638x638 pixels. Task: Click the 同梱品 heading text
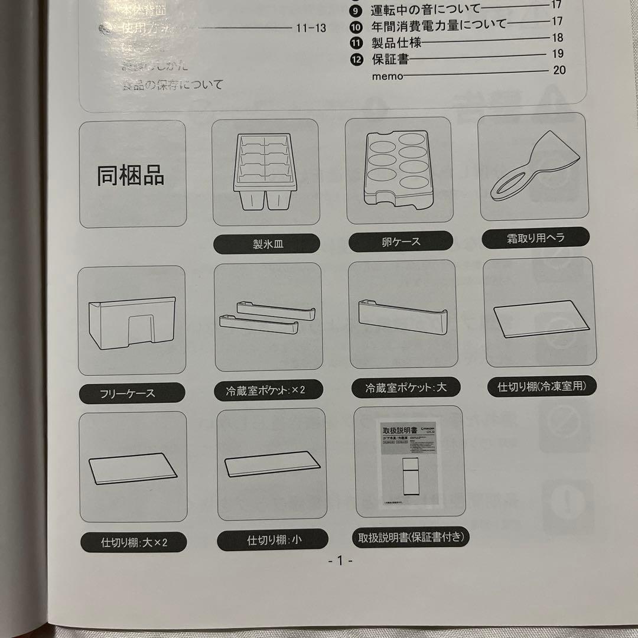pos(131,175)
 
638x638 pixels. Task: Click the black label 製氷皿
pos(266,244)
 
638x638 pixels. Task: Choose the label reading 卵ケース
pos(401,242)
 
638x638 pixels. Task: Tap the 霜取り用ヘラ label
pos(535,238)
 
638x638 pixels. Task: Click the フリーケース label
pos(132,393)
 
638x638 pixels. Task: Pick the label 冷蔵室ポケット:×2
pos(266,390)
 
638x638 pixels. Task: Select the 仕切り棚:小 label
pos(272,539)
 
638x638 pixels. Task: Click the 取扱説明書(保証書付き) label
pos(411,537)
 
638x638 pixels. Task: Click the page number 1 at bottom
pos(340,561)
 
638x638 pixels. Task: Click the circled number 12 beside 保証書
pos(356,59)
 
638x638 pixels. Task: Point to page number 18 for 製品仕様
pos(558,38)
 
